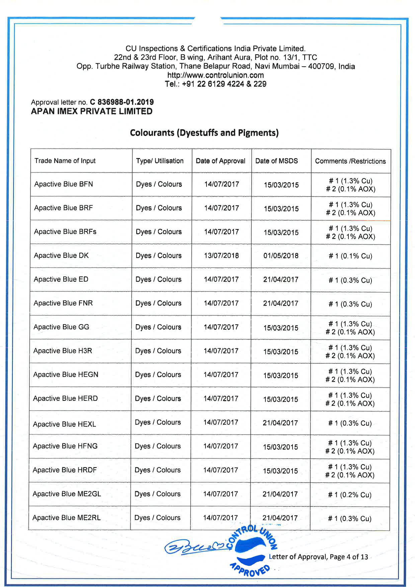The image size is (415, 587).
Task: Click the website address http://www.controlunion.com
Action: tap(216, 75)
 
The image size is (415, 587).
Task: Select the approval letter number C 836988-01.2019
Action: tap(122, 102)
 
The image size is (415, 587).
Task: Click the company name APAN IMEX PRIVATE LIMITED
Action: tap(92, 112)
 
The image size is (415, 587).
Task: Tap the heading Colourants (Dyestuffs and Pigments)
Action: tap(204, 133)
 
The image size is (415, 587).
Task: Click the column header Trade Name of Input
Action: tap(65, 161)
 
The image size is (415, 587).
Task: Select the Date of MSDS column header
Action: tap(276, 161)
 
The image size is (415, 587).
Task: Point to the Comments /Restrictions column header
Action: tap(350, 161)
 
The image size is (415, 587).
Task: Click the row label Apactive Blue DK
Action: tap(61, 255)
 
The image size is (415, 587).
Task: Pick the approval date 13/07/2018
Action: tap(221, 255)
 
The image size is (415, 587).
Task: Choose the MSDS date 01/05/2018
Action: tap(281, 256)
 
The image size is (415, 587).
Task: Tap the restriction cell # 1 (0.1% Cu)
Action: tap(350, 256)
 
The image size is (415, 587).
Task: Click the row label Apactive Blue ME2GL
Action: tap(67, 494)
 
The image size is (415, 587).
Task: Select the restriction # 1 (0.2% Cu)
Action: tap(350, 495)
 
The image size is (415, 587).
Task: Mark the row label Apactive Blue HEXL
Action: tap(64, 424)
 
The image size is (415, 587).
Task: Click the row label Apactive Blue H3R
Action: tap(63, 351)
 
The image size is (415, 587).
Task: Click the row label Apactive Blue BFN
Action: tap(64, 184)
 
